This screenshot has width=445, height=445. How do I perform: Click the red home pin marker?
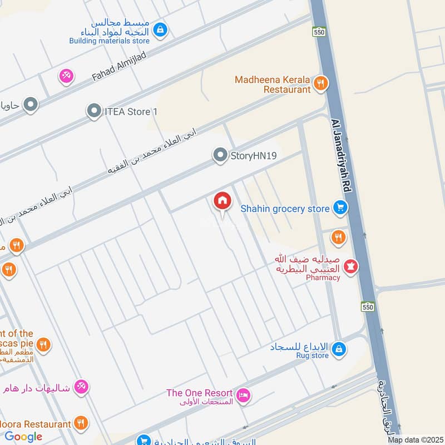tap(222, 201)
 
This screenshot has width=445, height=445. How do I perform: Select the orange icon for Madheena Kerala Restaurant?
tap(320, 84)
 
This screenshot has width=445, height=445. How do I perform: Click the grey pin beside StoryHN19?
tap(221, 156)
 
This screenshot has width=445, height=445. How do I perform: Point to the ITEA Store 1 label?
tap(131, 112)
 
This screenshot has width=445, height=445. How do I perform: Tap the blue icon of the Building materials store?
tap(160, 29)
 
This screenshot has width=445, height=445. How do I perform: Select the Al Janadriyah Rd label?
tap(341, 156)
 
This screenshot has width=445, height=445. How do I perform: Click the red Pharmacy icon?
tap(350, 267)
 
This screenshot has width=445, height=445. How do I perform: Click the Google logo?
tap(23, 437)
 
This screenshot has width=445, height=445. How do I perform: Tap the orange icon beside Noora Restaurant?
tap(81, 424)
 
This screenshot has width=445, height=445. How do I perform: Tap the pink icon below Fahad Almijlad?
tap(66, 76)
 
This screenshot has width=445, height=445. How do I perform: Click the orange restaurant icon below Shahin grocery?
tap(338, 238)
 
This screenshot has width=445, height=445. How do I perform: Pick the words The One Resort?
tap(200, 393)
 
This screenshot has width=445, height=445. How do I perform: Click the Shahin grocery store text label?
tap(285, 209)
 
